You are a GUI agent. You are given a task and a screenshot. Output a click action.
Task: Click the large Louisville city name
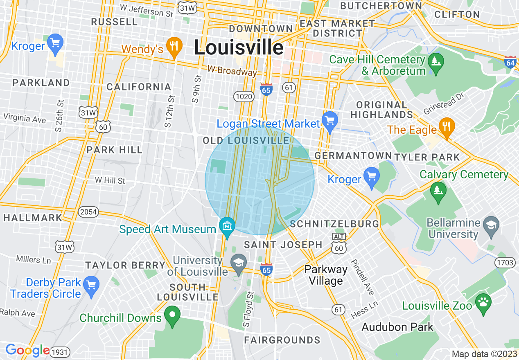(x=239, y=47)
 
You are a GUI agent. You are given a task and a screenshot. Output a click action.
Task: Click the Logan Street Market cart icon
(x=330, y=120)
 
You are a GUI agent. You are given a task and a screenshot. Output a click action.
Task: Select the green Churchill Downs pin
(x=172, y=315)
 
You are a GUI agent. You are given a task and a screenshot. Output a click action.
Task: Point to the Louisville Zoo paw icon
(x=483, y=303)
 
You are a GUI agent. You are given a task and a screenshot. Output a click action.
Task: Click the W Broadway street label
(x=232, y=71)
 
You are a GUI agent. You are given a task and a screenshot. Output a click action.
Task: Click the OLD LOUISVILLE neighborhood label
(x=246, y=141)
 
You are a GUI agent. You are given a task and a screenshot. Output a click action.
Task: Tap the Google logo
(x=27, y=350)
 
